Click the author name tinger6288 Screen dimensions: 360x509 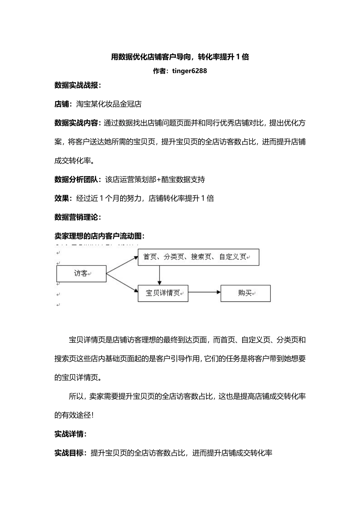pos(189,71)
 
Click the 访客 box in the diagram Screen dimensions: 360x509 pos(81,273)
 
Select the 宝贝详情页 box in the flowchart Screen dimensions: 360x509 pos(163,293)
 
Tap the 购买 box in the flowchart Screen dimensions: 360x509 pos(246,293)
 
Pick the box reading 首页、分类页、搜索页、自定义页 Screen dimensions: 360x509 pos(198,257)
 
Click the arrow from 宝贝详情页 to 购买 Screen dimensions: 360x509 pos(204,292)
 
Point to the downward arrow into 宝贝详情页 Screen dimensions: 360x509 pos(160,275)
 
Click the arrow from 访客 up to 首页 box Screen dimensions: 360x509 pos(122,265)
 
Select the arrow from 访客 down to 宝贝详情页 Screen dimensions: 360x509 pos(122,283)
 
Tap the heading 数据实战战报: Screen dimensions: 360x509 pos(78,85)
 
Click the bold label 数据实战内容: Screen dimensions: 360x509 pos(78,123)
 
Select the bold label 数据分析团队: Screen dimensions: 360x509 pos(78,180)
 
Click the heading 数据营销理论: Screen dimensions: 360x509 pos(78,217)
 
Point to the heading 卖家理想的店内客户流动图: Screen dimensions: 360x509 pos(100,236)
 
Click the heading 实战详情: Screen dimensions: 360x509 pos(70,434)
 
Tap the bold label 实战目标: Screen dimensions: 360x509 pos(70,453)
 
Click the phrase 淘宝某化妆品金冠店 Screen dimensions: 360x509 pos(109,104)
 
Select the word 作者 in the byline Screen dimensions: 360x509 pos(160,71)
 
